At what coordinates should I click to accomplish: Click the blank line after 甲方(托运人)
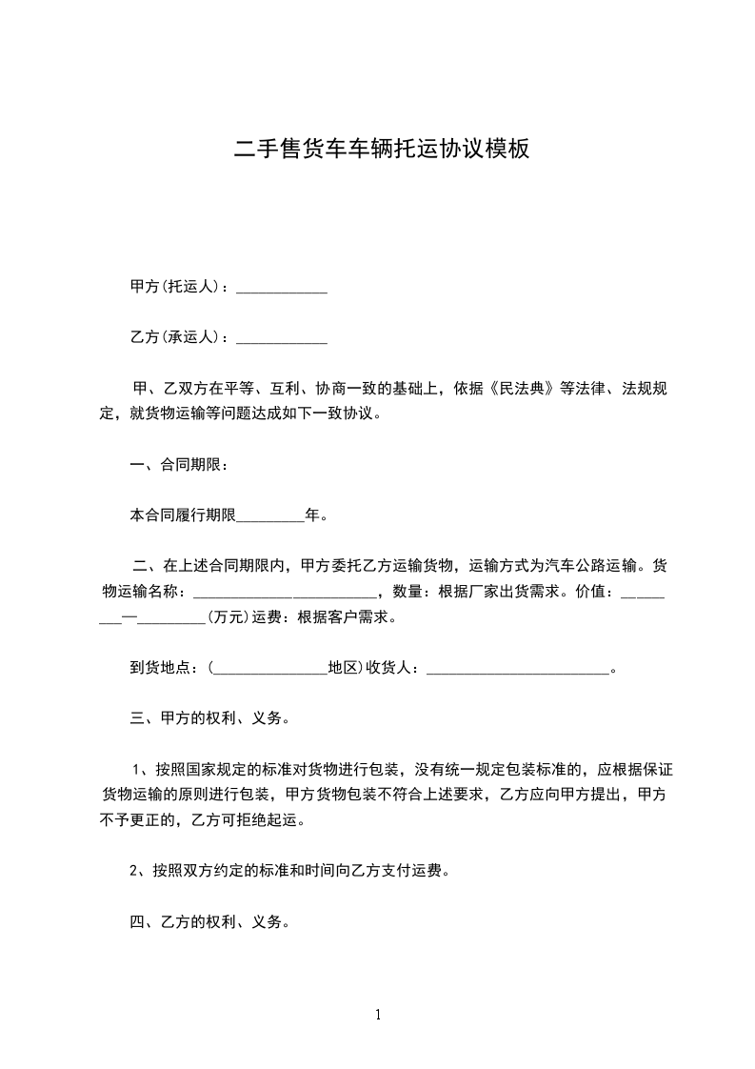pos(281,288)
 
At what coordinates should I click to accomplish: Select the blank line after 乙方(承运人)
pos(281,338)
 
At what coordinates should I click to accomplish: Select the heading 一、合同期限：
pos(178,465)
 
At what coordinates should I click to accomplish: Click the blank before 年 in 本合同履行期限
pos(269,517)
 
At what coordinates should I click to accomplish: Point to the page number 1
pos(378,1016)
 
